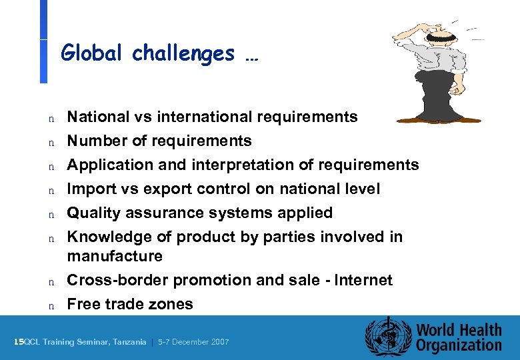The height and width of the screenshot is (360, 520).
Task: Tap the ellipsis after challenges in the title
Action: [251, 56]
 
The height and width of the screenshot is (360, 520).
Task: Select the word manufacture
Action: [114, 256]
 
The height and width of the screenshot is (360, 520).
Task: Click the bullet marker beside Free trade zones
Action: [50, 305]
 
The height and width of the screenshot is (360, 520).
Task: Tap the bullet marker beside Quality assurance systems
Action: [50, 214]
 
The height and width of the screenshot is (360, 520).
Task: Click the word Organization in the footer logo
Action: [459, 345]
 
